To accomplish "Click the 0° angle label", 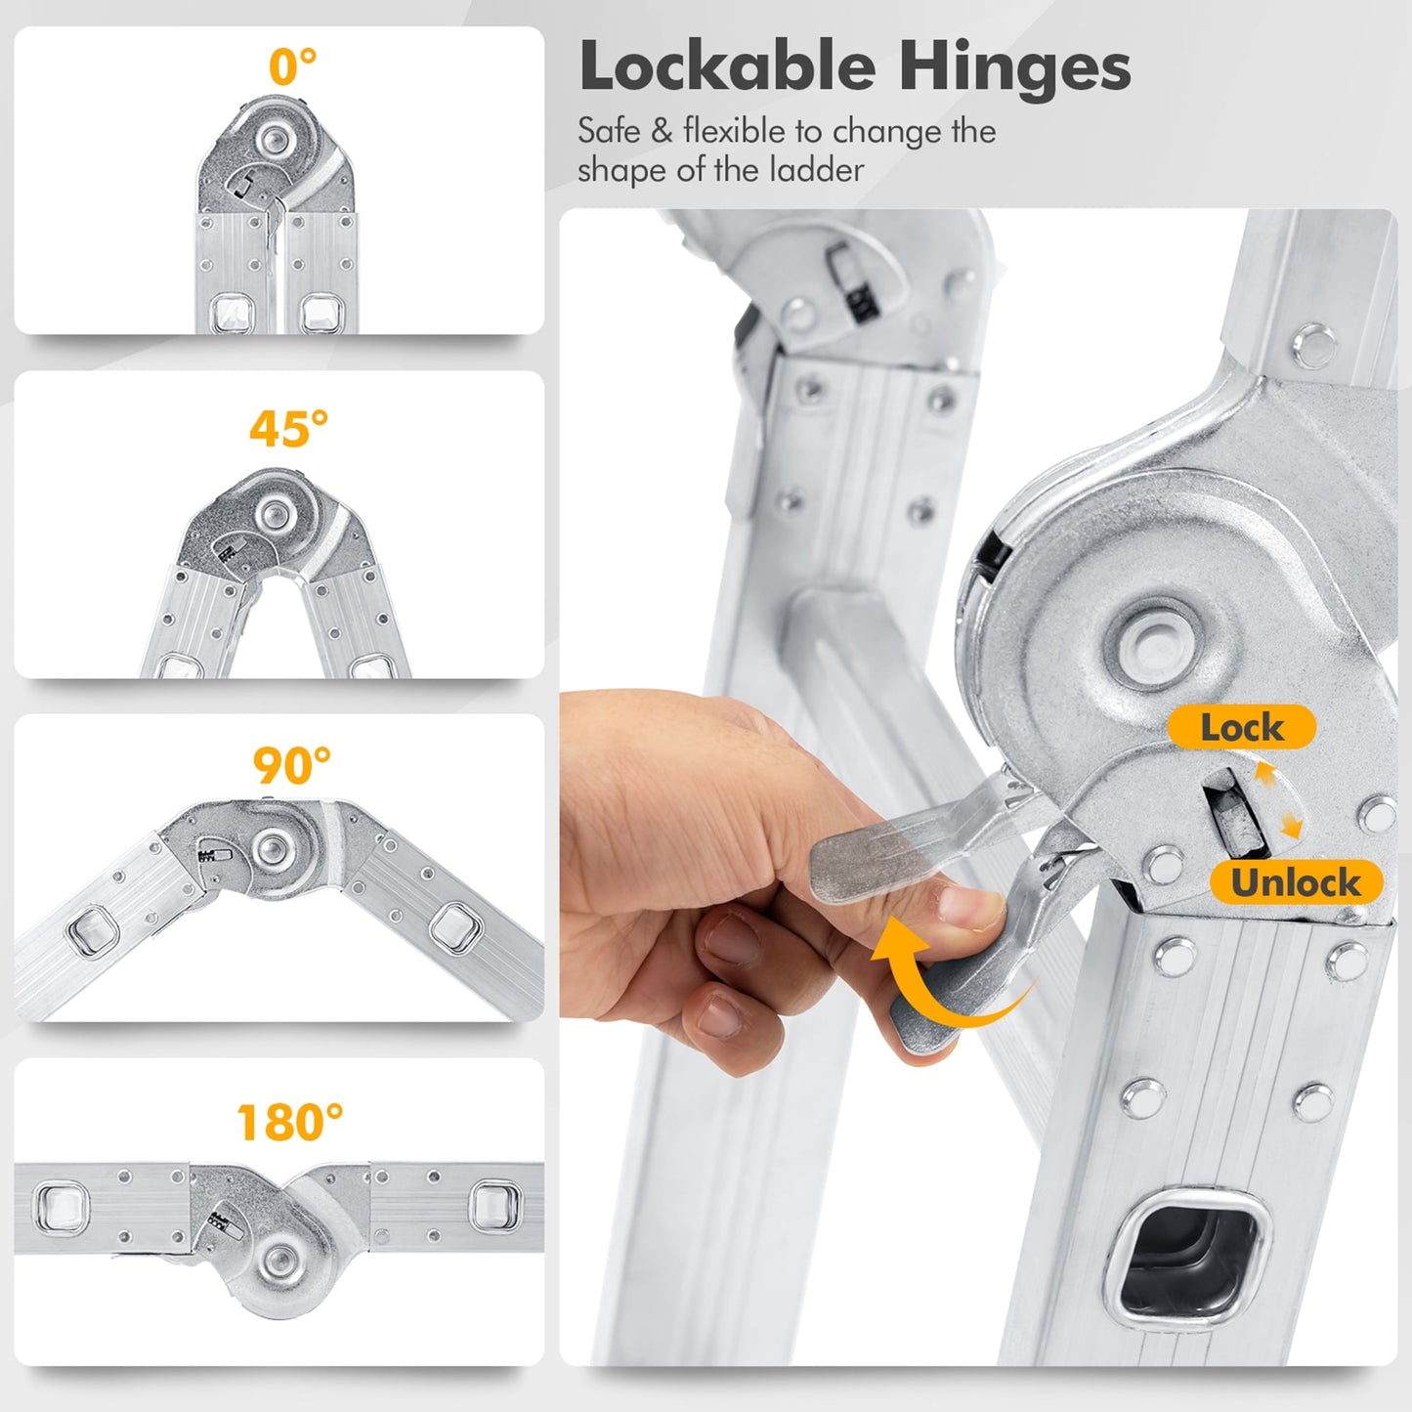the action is (x=292, y=66).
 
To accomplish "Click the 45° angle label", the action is (x=288, y=429).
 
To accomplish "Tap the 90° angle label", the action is (x=291, y=765).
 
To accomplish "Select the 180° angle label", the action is (x=290, y=1122).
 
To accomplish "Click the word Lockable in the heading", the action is (x=727, y=67).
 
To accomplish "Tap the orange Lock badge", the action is (x=1241, y=727).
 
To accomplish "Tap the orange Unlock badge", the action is (x=1296, y=881).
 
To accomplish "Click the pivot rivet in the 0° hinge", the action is (x=275, y=138).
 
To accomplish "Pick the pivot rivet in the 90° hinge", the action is (x=272, y=848).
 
